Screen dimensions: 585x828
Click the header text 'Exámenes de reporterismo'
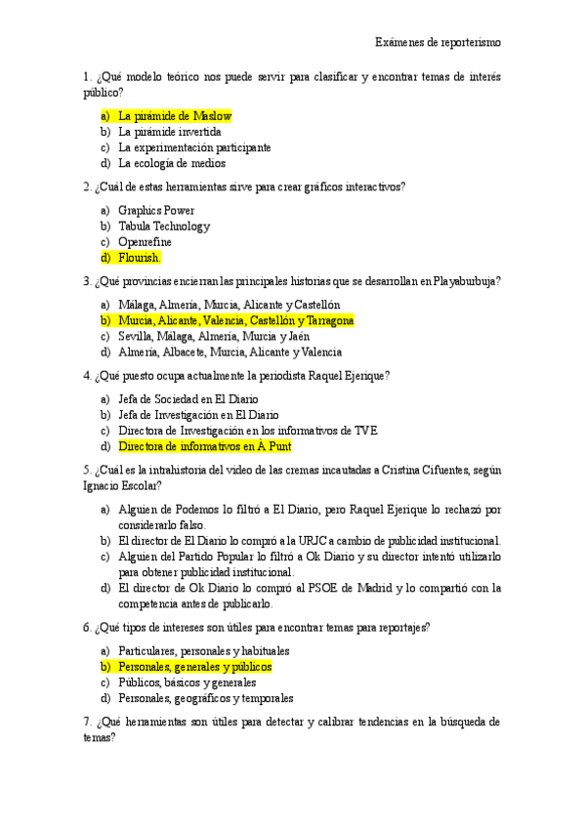[439, 42]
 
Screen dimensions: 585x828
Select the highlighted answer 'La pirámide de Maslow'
[175, 115]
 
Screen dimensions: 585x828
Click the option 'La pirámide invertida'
[170, 131]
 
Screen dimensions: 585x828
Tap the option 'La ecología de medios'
[172, 163]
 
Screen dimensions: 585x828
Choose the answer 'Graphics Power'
[156, 210]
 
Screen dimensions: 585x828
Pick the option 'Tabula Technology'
[164, 227]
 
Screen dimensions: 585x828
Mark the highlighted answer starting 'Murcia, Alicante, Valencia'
[235, 320]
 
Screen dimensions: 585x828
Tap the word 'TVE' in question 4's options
[366, 431]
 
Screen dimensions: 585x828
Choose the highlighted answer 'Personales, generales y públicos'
[195, 667]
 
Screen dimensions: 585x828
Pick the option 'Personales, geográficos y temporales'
[206, 698]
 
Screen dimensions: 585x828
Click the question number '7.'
[88, 723]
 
